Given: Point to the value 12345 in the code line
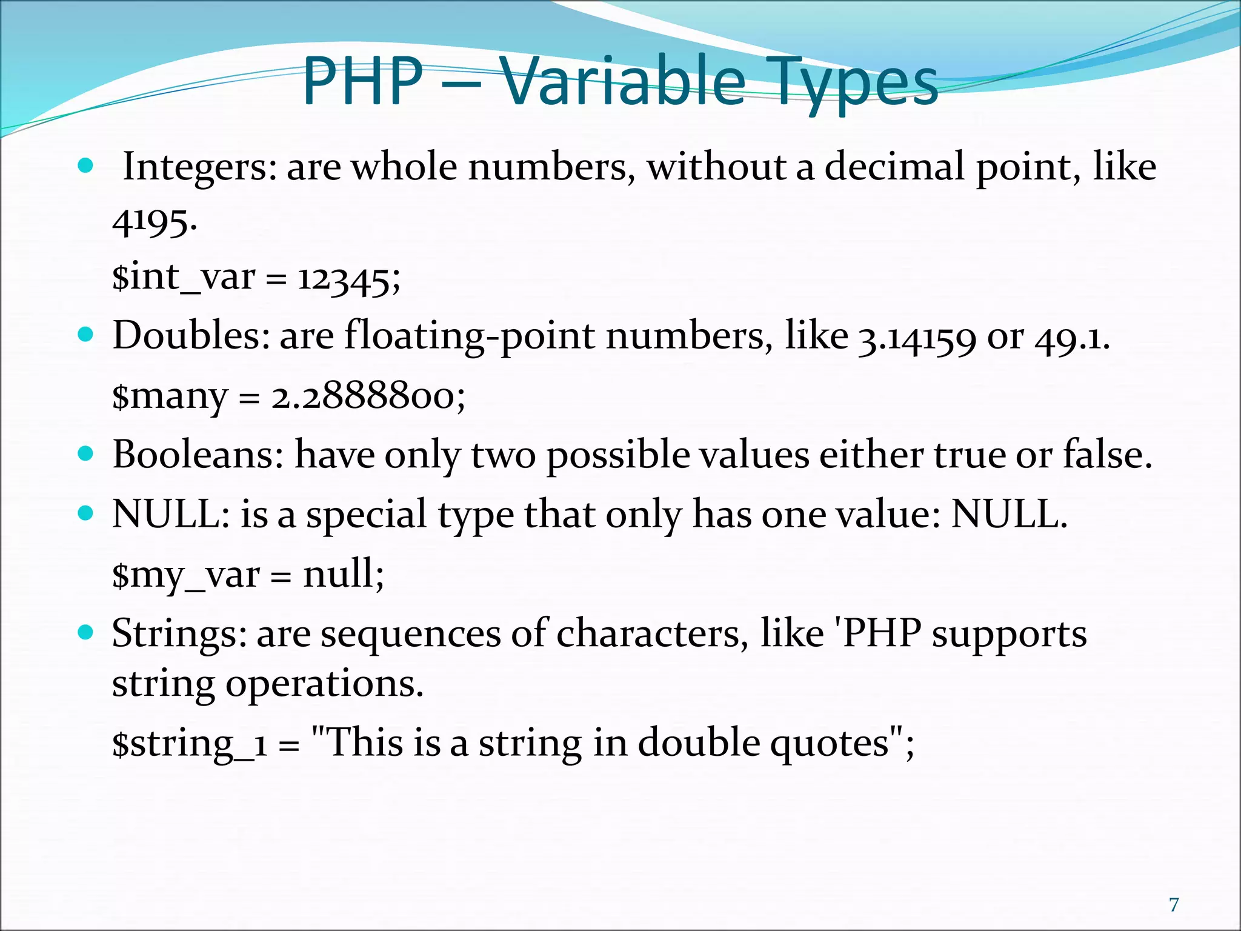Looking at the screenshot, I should (x=348, y=279).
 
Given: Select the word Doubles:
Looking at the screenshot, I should (x=191, y=335).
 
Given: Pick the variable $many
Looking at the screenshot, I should (x=170, y=397).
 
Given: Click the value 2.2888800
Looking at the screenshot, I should (x=368, y=397).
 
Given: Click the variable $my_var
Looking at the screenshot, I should (x=185, y=575).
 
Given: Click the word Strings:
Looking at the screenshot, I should (x=179, y=634).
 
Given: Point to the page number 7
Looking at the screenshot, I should (x=1174, y=905).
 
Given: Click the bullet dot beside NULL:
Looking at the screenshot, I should (x=86, y=513).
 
